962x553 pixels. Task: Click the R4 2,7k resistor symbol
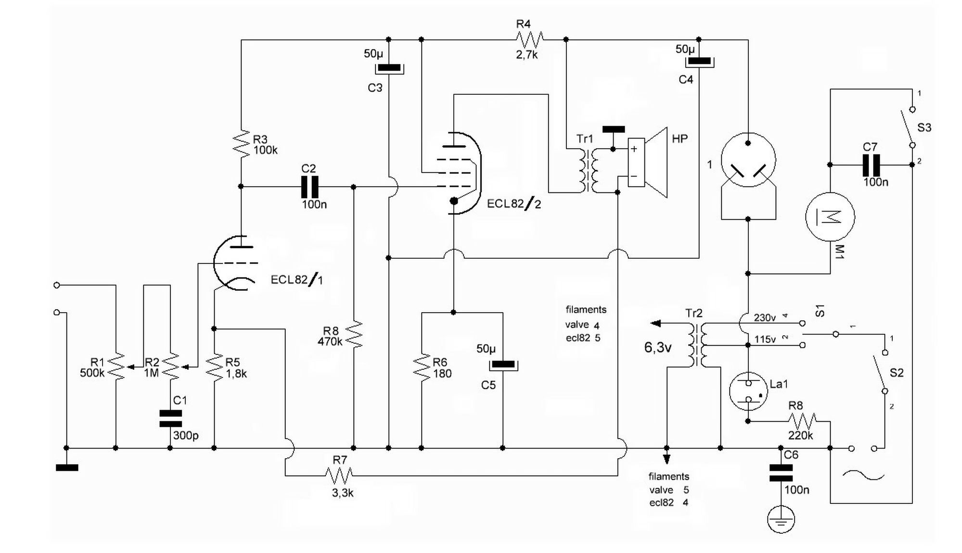coord(529,39)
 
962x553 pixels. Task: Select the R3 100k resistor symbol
coord(241,143)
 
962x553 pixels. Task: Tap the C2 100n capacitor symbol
coord(309,187)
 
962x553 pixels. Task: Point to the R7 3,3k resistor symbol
coord(339,476)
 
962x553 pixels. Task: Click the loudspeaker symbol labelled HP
coord(647,163)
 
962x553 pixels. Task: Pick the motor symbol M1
coord(830,217)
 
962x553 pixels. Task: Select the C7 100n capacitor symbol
coord(871,165)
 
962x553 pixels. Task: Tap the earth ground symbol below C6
coord(781,519)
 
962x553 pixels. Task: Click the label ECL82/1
coord(296,280)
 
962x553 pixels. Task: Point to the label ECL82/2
coord(513,204)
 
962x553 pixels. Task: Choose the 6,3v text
coord(657,348)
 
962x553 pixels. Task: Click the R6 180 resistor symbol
coord(422,368)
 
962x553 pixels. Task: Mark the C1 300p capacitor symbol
coord(170,418)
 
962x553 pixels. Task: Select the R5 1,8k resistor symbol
coord(214,368)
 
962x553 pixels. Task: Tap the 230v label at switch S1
coord(765,318)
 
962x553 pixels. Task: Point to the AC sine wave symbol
coord(863,476)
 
